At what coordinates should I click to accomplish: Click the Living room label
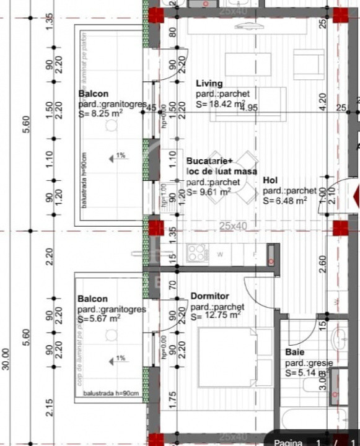[x=209, y=84]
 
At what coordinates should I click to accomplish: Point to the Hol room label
[x=270, y=180]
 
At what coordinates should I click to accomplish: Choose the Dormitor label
[x=209, y=296]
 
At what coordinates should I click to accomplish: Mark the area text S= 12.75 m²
[x=216, y=315]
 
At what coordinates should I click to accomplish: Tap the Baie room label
[x=294, y=352]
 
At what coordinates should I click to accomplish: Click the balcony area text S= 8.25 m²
[x=100, y=115]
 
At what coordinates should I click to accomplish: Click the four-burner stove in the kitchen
[x=197, y=253]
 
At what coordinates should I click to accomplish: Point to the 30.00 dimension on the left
[x=7, y=359]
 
